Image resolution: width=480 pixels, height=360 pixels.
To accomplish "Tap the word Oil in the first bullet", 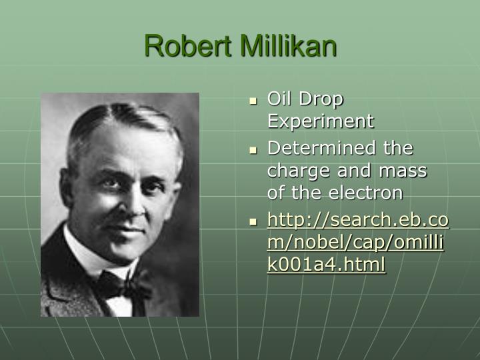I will pos(279,99).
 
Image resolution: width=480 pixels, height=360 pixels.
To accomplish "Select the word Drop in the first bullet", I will pos(321,99).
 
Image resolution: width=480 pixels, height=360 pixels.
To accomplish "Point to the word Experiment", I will pos(321,122).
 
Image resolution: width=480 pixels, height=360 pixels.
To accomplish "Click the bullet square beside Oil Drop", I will pos(253,101).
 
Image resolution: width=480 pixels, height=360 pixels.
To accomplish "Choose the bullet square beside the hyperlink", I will pos(253,221).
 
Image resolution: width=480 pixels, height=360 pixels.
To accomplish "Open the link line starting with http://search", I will pos(358,220).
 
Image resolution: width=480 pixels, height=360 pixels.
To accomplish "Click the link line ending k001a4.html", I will pos(326,265).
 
